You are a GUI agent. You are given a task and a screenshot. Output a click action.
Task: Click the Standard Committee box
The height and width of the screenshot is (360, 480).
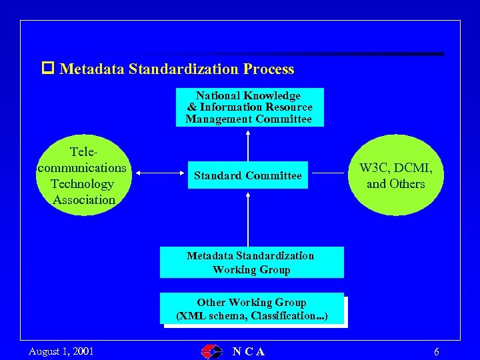point(248,175)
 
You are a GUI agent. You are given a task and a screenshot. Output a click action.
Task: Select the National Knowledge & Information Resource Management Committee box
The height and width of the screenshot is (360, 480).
point(249,107)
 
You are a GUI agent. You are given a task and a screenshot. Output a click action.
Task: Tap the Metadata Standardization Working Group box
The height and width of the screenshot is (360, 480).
point(251,262)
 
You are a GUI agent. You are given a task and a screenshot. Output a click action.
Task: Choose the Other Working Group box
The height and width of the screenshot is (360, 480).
point(252,309)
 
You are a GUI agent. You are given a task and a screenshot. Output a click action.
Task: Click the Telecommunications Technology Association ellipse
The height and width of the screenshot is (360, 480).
point(83,175)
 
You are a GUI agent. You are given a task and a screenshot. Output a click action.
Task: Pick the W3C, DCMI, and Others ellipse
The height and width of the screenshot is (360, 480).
point(395,175)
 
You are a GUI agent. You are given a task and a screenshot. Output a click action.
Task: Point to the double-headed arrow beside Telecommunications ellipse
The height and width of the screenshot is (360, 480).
point(159,175)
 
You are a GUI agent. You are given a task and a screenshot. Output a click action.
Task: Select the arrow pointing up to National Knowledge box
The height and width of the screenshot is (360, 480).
point(249,144)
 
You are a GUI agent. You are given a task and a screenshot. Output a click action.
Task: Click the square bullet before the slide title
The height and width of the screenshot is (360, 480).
point(47,69)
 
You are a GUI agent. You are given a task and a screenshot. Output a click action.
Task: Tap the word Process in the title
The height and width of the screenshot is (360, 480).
point(269,69)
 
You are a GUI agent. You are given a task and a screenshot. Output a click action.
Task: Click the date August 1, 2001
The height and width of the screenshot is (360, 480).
point(61,351)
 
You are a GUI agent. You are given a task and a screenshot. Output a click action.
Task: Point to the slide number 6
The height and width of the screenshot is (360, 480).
point(436,351)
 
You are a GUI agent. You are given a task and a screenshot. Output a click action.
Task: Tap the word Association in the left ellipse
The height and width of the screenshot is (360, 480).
point(84,199)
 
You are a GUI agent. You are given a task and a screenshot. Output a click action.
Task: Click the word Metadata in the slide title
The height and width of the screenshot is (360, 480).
point(92,69)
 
